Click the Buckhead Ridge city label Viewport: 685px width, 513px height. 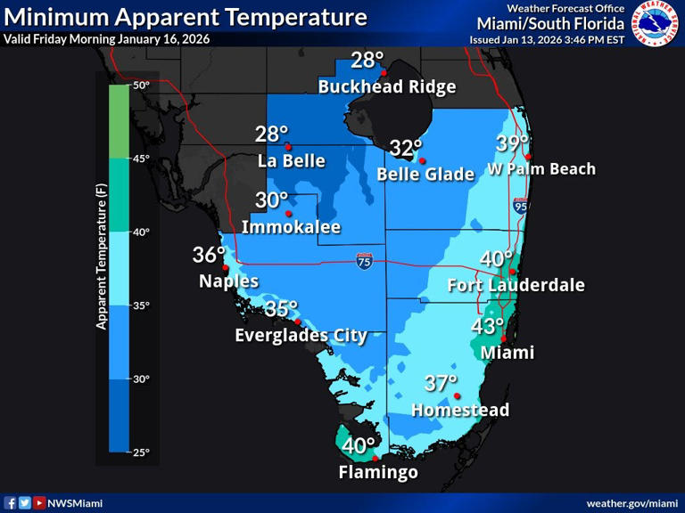click(x=387, y=87)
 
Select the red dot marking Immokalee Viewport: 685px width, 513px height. click(x=288, y=214)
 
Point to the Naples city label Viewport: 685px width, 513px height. click(x=228, y=281)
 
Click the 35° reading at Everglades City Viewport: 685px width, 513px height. click(x=281, y=309)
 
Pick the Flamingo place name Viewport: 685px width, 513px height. click(x=378, y=473)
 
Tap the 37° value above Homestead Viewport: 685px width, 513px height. click(x=441, y=384)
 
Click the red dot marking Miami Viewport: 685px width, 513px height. click(x=504, y=338)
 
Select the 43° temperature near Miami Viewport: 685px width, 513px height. click(x=488, y=327)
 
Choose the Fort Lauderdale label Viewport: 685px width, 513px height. click(x=516, y=285)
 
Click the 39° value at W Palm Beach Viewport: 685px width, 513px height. click(x=513, y=143)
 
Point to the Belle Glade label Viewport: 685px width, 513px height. click(x=425, y=175)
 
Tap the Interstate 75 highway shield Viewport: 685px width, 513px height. click(x=364, y=261)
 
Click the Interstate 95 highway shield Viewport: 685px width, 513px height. click(x=521, y=206)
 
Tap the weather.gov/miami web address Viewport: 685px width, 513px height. click(x=632, y=503)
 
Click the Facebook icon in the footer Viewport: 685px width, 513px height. click(x=11, y=503)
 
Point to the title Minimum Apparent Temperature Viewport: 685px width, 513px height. click(x=186, y=17)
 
